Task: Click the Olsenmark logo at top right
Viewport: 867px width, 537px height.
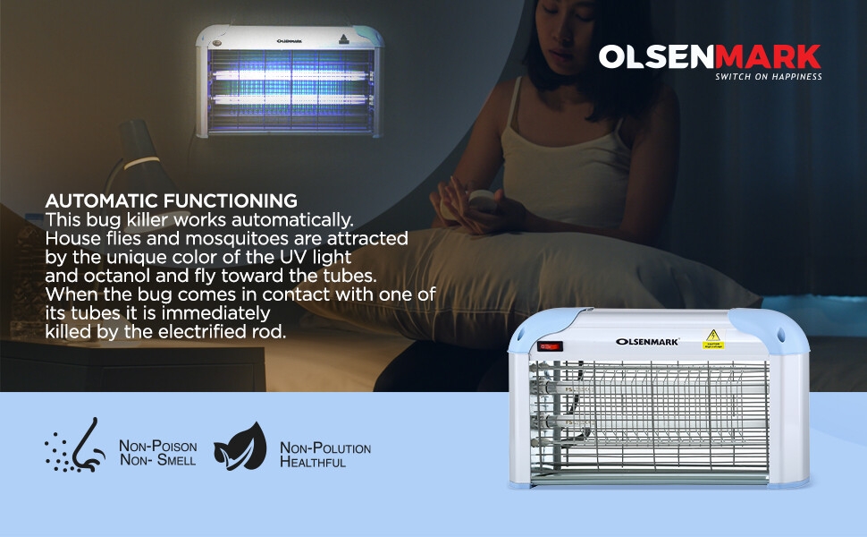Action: pyautogui.click(x=710, y=57)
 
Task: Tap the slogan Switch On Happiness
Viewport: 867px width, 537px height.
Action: pyautogui.click(x=768, y=76)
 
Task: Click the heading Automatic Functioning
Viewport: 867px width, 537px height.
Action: pyautogui.click(x=172, y=200)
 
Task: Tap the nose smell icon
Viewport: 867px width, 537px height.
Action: pyautogui.click(x=75, y=445)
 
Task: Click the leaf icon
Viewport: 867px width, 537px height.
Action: pyautogui.click(x=240, y=447)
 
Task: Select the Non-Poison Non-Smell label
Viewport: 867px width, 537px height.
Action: pyautogui.click(x=158, y=453)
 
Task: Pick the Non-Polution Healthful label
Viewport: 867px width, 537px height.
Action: pyautogui.click(x=325, y=455)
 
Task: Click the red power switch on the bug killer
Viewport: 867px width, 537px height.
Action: pyautogui.click(x=550, y=346)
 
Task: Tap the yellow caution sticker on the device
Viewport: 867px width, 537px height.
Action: pyautogui.click(x=713, y=339)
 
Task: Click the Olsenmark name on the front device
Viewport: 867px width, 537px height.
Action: pyautogui.click(x=647, y=342)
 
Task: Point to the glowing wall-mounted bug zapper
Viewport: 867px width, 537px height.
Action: pyautogui.click(x=290, y=81)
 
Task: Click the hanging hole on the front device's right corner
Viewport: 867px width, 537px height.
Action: pyautogui.click(x=780, y=335)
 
